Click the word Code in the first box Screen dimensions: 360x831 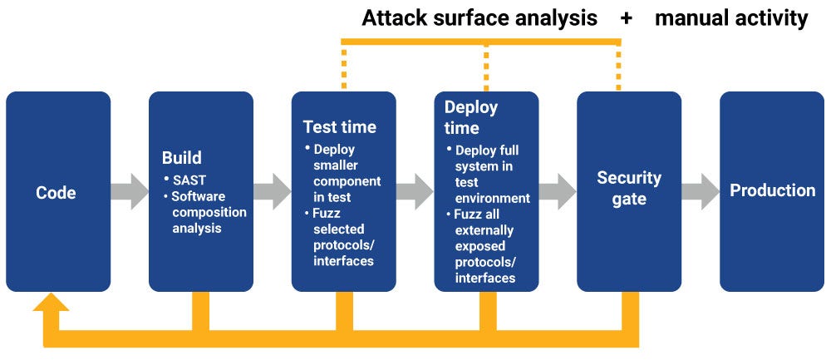56,193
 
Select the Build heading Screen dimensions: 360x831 181,158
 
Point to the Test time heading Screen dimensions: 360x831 339,127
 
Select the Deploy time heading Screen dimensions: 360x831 470,117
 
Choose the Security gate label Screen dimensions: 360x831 629,189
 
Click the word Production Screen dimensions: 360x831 772,190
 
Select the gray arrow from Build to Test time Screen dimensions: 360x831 273,191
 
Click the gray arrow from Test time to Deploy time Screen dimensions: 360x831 415,191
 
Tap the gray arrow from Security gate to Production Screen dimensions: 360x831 701,191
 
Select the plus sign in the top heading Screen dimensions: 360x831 626,18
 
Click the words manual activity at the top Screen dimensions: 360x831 730,18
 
